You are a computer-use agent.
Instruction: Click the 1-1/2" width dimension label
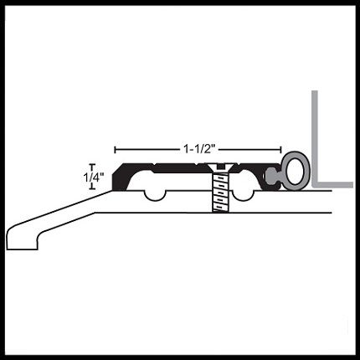200,149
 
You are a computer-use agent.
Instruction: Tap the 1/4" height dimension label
94,177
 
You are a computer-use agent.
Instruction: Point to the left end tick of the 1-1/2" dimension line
115,150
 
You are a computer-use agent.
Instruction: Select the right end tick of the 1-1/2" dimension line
280,150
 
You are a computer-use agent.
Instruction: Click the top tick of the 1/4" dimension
92,164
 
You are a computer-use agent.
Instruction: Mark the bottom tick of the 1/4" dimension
92,189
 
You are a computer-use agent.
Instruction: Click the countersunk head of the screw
220,167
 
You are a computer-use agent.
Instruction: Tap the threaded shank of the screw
220,193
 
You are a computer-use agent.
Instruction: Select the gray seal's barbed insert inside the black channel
272,177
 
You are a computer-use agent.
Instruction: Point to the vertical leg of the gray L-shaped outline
315,136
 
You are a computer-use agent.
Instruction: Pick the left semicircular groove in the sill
155,196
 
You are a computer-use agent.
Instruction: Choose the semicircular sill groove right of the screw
243,196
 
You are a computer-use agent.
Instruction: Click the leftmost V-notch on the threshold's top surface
155,164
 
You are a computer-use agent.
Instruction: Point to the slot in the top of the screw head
220,167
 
